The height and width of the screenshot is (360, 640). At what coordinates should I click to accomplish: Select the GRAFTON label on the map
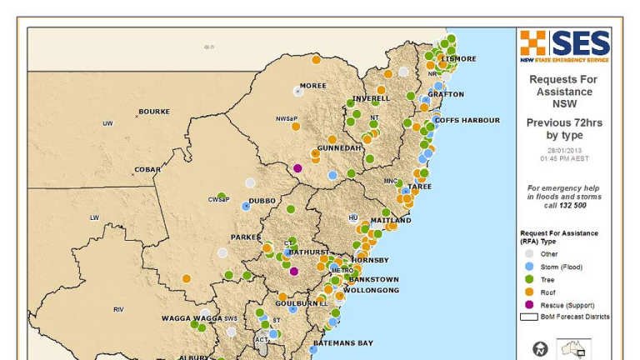(x=446, y=94)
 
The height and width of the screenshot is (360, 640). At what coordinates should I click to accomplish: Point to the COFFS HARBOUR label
(x=467, y=120)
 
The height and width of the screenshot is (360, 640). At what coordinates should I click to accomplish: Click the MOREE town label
(x=313, y=85)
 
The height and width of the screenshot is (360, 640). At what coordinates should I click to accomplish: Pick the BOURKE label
(x=154, y=112)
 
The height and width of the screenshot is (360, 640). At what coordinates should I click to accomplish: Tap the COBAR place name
(x=147, y=169)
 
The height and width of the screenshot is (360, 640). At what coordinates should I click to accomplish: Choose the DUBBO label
(x=262, y=201)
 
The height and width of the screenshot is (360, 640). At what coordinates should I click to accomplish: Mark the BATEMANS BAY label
(x=343, y=343)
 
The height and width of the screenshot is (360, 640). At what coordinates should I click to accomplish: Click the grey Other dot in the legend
(x=527, y=254)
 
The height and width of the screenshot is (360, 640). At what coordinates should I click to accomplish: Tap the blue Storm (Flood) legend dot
(x=527, y=267)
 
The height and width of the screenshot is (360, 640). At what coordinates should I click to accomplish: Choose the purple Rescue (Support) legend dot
(x=527, y=306)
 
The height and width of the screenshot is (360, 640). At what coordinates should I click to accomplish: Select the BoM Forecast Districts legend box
(x=528, y=317)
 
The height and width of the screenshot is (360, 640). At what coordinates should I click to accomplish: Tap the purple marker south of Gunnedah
(x=297, y=169)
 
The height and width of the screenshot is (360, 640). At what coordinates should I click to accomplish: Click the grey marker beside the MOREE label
(x=297, y=91)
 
